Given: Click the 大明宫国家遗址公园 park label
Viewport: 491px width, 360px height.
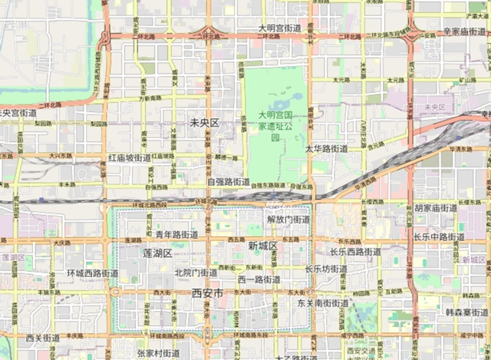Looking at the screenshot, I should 275,126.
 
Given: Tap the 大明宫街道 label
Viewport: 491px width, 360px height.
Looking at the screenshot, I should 279,28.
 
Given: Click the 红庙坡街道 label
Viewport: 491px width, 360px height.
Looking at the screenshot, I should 129,157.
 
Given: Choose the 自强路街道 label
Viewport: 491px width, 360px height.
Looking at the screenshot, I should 228,183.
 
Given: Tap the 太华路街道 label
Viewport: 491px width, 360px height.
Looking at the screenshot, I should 326,148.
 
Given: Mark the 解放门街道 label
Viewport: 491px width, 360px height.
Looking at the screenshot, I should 288,220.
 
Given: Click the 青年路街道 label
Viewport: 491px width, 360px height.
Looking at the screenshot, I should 176,234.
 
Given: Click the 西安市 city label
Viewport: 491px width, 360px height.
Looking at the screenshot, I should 207,293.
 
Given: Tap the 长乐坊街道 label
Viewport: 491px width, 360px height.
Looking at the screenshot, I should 326,269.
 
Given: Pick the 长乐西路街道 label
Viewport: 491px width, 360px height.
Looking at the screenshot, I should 355,252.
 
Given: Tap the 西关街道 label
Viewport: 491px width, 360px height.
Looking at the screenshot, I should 43,338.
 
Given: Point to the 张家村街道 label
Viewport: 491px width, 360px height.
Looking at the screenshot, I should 158,353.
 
